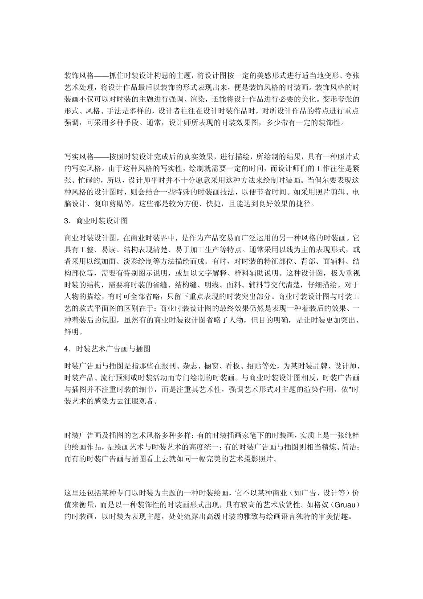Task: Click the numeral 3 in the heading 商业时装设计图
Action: tap(67, 221)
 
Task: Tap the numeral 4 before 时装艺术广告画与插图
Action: tap(67, 349)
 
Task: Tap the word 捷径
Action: tap(306, 205)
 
